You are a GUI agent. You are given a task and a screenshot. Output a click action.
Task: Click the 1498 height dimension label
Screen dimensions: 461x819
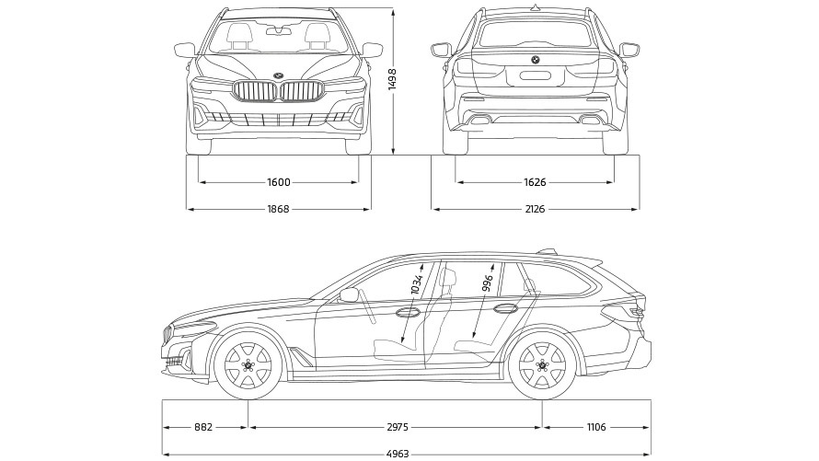392,79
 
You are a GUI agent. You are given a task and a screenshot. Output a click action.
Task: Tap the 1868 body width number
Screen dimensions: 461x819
278,210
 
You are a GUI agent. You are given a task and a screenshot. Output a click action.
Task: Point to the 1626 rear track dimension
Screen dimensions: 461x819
535,182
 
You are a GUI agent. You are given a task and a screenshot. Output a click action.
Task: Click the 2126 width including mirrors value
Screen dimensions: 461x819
535,210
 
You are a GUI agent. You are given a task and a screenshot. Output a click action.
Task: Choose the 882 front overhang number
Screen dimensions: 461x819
204,427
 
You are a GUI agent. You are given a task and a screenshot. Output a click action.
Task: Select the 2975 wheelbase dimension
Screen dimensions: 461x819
396,427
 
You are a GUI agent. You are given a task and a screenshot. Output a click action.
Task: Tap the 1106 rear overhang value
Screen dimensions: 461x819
596,427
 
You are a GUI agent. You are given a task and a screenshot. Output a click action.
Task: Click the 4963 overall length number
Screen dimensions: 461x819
398,454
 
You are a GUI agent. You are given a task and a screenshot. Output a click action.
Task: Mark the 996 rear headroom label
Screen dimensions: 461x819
488,279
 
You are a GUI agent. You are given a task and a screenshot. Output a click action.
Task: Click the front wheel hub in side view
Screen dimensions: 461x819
248,365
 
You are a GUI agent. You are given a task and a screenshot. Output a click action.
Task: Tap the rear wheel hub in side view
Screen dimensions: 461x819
542,365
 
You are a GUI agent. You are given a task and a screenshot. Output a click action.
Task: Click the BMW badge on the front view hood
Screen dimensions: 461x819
278,75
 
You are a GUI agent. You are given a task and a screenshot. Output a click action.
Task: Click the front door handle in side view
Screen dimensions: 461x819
404,314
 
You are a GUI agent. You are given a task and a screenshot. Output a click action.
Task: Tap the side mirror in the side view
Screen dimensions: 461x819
349,294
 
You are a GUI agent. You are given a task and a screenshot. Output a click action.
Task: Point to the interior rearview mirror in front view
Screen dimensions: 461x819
278,31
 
